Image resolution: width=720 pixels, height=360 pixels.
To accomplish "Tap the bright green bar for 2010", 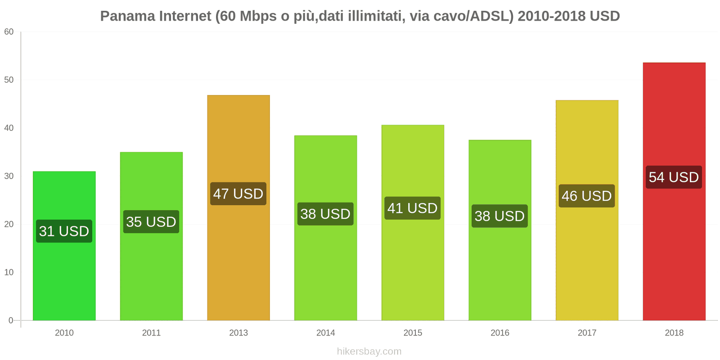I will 64,279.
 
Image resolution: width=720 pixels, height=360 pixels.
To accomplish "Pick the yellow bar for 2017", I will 587,261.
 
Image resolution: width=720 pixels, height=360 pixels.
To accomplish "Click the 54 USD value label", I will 674,177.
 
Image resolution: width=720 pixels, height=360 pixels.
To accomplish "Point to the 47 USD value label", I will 238,194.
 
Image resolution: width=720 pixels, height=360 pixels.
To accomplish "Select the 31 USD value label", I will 64,231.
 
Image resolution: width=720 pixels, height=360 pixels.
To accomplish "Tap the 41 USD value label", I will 412,208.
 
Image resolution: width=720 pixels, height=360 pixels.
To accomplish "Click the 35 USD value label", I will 151,222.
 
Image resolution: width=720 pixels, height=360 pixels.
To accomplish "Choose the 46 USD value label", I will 586,196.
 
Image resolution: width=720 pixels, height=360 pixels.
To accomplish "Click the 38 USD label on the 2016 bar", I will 499,216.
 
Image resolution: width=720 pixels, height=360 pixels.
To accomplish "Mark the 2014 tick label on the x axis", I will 325,333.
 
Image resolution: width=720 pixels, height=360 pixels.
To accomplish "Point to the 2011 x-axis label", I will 151,333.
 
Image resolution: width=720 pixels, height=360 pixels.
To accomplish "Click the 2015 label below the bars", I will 413,333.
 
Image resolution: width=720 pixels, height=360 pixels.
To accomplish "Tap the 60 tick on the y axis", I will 9,32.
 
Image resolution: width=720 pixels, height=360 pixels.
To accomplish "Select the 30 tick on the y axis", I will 9,176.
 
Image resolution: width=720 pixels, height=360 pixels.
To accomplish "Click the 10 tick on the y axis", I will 9,272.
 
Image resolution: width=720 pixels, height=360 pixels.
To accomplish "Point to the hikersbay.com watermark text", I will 369,351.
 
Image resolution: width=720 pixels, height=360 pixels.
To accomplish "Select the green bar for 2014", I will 325,270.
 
